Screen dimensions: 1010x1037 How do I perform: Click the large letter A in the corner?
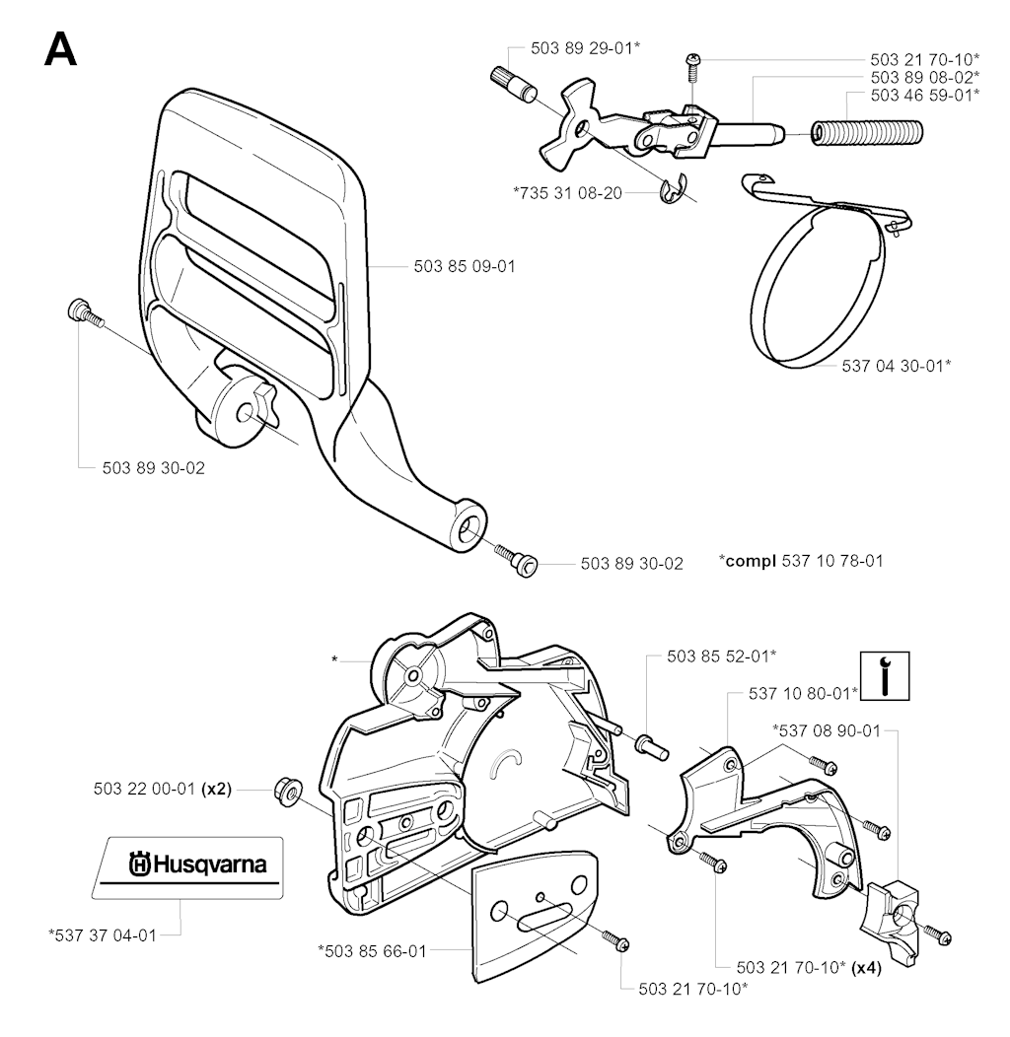click(61, 50)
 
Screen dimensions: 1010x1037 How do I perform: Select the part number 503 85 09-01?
click(464, 266)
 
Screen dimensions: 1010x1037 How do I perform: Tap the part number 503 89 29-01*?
click(585, 47)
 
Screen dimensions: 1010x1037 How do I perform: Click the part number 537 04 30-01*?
click(897, 365)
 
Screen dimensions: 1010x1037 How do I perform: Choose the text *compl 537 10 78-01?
click(801, 561)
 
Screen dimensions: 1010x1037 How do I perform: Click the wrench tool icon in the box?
click(885, 676)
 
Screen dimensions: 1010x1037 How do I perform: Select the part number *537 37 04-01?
click(103, 935)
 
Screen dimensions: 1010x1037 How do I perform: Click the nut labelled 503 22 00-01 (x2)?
click(288, 791)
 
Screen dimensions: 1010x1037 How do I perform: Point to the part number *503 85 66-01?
click(372, 951)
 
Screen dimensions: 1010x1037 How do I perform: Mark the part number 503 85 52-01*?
click(721, 657)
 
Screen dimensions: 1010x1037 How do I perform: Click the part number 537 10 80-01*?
click(803, 693)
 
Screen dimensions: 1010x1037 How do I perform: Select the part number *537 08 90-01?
click(827, 730)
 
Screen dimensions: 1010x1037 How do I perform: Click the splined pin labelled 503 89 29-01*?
click(514, 86)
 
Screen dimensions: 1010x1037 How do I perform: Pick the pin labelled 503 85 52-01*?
click(653, 746)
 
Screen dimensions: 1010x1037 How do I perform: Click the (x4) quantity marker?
click(866, 968)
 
